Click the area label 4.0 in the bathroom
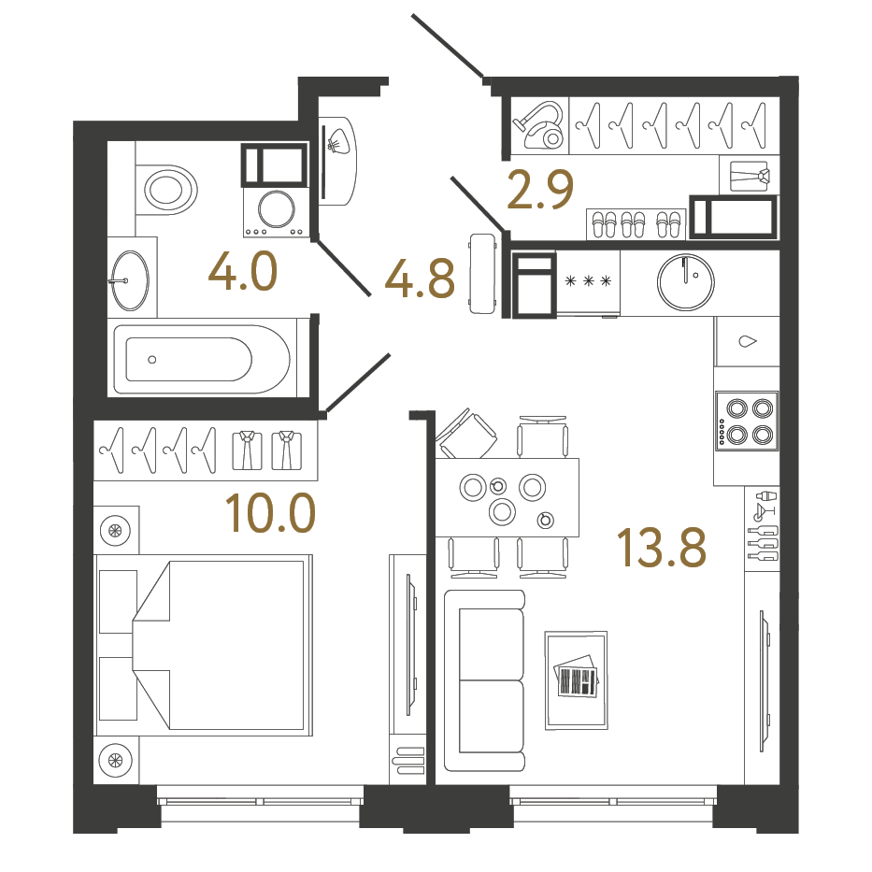(x=242, y=274)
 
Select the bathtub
(x=200, y=359)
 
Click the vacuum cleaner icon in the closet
(x=540, y=125)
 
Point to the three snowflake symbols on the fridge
(x=587, y=280)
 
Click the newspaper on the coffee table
(x=576, y=678)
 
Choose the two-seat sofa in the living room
(x=484, y=679)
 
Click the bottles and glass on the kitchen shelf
(x=764, y=525)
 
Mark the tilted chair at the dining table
(x=468, y=435)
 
